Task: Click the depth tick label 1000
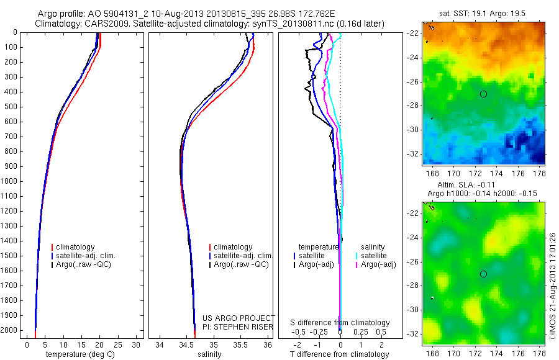tap(11, 181)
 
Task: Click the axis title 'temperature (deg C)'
tap(81, 354)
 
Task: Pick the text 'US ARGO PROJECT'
tap(239, 318)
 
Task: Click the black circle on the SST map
tap(483, 94)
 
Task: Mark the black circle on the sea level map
tap(483, 274)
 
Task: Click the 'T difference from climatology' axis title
tap(340, 354)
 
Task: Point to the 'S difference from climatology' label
tap(340, 323)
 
